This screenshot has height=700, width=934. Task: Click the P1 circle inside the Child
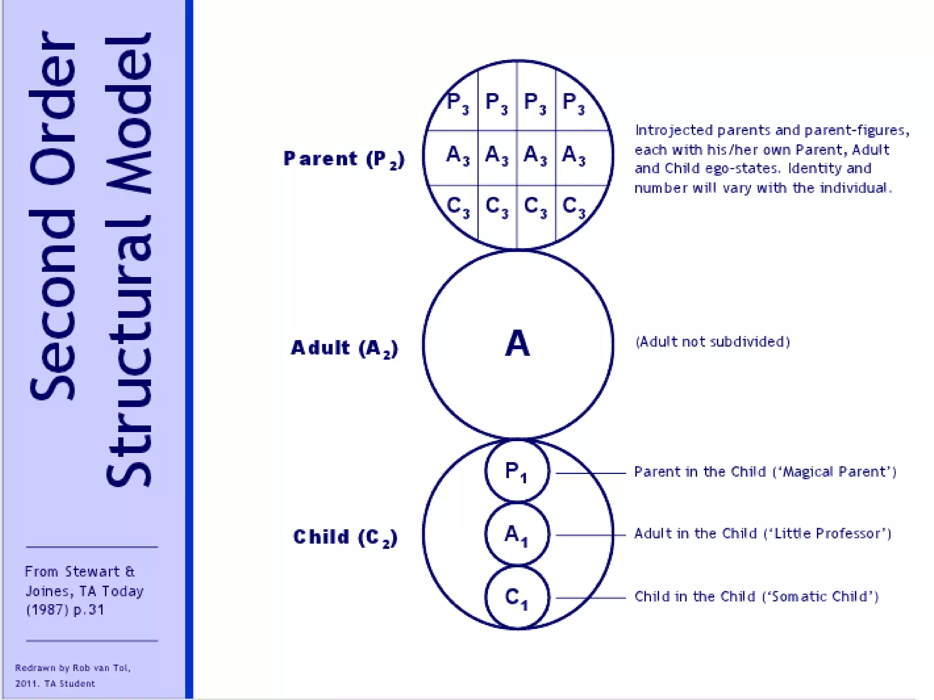pyautogui.click(x=517, y=471)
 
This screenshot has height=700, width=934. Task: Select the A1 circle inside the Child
pyautogui.click(x=517, y=534)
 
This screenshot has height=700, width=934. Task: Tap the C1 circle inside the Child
pyautogui.click(x=517, y=597)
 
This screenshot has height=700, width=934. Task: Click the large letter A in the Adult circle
pyautogui.click(x=518, y=344)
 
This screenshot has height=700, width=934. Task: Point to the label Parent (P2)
pyautogui.click(x=344, y=159)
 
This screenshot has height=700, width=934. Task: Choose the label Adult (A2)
pyautogui.click(x=345, y=348)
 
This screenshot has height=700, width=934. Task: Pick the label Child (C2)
pyautogui.click(x=345, y=537)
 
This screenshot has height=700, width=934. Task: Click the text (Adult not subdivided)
pyautogui.click(x=712, y=342)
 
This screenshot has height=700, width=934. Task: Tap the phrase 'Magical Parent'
pyautogui.click(x=835, y=472)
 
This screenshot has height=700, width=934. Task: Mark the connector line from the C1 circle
pyautogui.click(x=591, y=597)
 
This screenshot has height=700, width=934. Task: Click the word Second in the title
pyautogui.click(x=52, y=305)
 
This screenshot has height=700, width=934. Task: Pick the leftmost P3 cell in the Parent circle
pyautogui.click(x=457, y=103)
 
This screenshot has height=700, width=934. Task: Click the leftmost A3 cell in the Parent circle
pyautogui.click(x=457, y=155)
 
